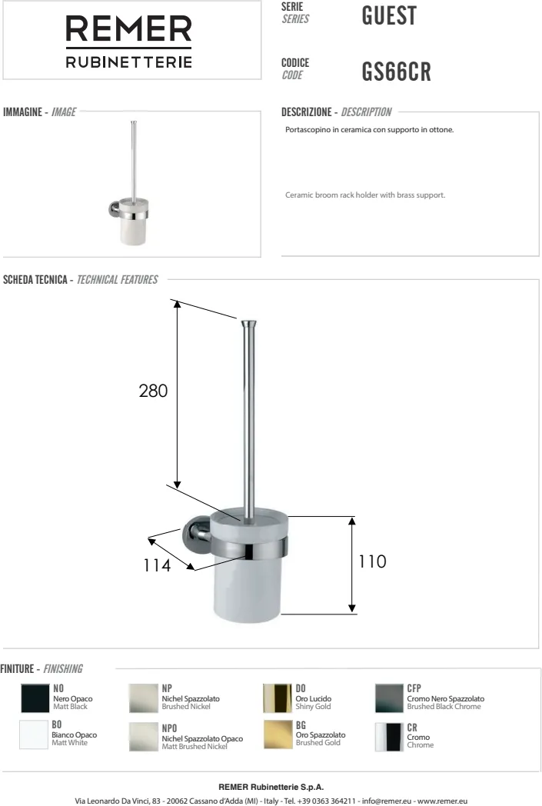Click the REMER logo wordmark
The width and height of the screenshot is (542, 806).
click(128, 28)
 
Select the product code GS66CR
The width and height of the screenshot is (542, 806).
click(396, 72)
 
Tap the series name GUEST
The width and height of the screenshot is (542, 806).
click(389, 15)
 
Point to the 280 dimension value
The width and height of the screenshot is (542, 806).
click(153, 391)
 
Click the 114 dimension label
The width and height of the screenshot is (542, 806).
click(157, 565)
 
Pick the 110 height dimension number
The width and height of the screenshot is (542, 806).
click(372, 561)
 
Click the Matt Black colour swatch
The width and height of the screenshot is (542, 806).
click(35, 698)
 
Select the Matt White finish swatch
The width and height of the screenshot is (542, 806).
click(33, 734)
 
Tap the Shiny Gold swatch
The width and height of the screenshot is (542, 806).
click(278, 698)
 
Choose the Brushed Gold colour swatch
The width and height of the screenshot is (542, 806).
click(278, 734)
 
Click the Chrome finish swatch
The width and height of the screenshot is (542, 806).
click(389, 737)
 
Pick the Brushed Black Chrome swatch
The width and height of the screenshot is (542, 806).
click(389, 698)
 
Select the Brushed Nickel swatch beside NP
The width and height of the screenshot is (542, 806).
click(143, 698)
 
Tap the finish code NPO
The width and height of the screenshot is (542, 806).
click(170, 728)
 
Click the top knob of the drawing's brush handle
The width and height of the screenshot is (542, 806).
click(248, 324)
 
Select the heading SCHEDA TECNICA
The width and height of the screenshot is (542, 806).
click(35, 280)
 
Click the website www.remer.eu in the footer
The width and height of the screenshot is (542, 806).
click(442, 801)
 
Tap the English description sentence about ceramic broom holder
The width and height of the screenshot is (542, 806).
click(365, 195)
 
